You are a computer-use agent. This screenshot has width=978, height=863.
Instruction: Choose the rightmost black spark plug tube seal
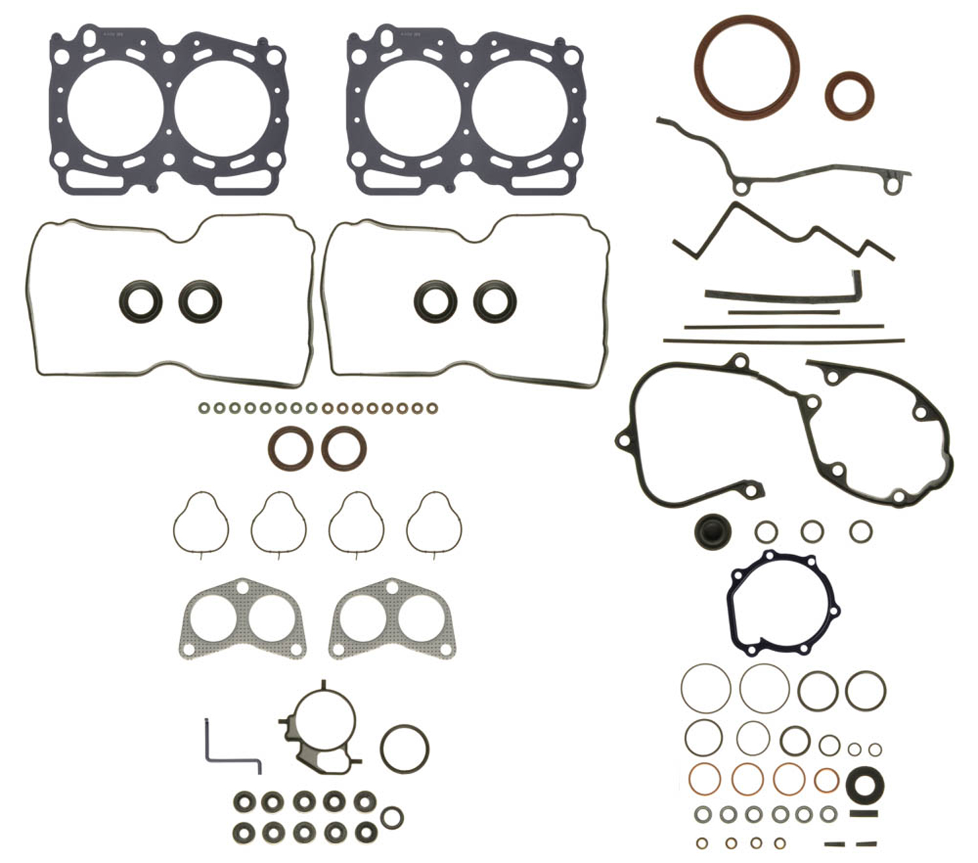click(495, 301)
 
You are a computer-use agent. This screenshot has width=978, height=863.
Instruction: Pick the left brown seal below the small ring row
click(287, 448)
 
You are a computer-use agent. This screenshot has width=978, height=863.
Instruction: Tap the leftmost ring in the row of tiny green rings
click(204, 408)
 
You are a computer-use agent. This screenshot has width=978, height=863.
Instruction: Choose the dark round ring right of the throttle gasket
click(404, 748)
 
